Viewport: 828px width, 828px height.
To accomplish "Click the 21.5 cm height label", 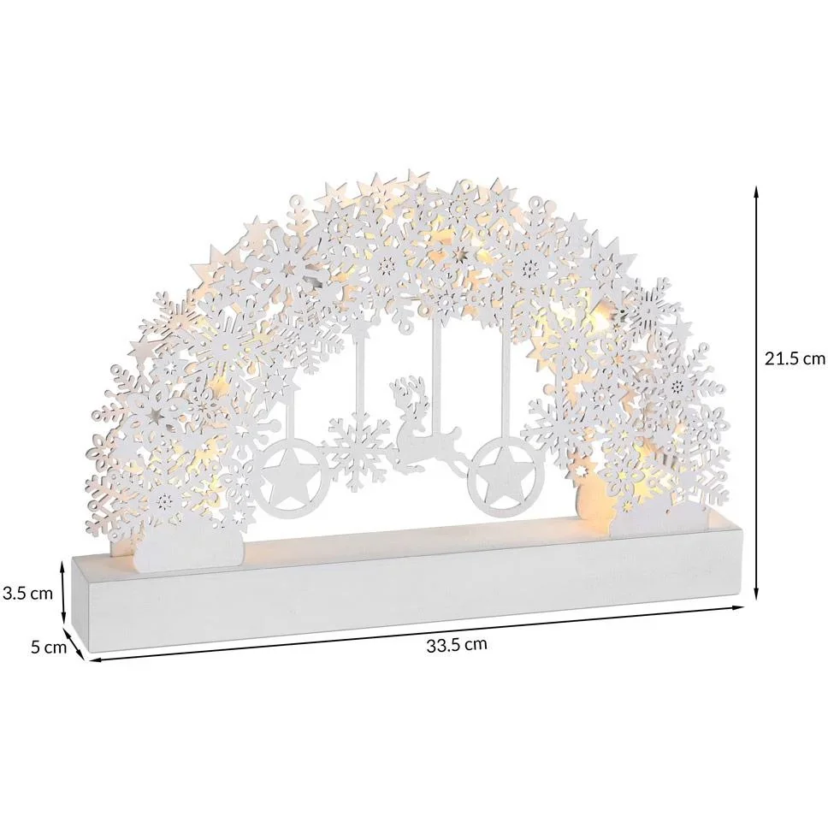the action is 794,359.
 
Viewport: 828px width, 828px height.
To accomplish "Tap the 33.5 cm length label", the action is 457,645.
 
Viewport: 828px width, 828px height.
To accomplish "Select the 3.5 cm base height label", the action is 27,593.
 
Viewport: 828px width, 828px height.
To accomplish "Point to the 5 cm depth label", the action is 49,647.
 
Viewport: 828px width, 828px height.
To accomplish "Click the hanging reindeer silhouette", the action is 423,423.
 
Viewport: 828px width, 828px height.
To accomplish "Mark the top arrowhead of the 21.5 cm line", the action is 756,189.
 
